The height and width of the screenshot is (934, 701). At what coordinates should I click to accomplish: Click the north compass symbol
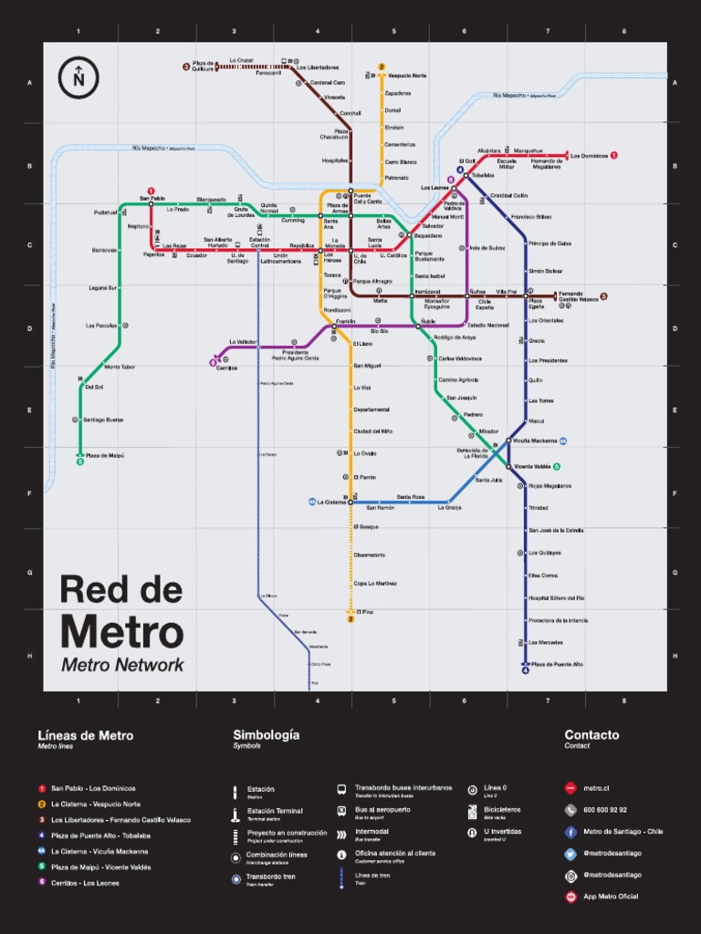(78, 77)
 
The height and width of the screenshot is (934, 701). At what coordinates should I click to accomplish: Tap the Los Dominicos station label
(589, 156)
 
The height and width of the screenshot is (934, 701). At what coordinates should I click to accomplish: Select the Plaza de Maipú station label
(105, 455)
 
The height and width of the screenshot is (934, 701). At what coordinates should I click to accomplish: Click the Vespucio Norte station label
(406, 76)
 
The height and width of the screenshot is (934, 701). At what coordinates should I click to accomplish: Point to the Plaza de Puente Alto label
(558, 664)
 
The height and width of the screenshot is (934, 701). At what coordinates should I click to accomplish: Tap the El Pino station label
(365, 611)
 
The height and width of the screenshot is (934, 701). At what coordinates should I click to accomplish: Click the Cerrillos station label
(227, 368)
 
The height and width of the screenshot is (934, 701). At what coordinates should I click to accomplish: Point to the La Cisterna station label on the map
(331, 502)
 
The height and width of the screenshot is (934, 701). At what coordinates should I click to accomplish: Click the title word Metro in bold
(121, 632)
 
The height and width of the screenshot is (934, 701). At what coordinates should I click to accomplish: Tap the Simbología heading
(266, 735)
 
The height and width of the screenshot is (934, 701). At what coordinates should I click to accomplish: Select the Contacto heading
(591, 735)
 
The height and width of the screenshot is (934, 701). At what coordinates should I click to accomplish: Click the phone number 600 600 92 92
(605, 810)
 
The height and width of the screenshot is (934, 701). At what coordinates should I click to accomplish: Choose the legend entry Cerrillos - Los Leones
(85, 883)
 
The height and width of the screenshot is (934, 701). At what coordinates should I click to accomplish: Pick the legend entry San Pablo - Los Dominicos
(93, 788)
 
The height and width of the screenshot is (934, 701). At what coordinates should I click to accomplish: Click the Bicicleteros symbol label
(502, 810)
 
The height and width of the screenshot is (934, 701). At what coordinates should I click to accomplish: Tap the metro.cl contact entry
(596, 788)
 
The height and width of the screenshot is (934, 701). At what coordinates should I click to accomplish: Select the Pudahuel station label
(106, 213)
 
